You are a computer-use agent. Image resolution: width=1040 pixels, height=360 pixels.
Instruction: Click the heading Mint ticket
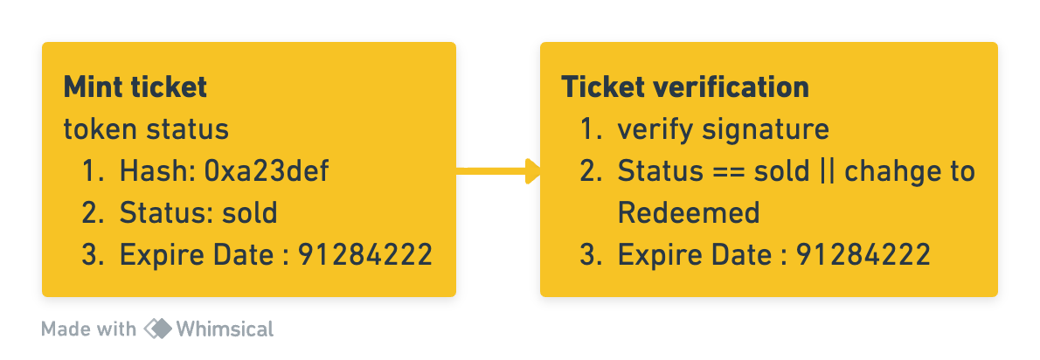pyautogui.click(x=135, y=87)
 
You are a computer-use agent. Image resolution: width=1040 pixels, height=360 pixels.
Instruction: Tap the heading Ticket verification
pyautogui.click(x=684, y=87)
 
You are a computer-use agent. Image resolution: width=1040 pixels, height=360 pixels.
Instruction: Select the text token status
pyautogui.click(x=146, y=129)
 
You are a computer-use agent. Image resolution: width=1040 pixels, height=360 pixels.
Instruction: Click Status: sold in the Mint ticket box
pyautogui.click(x=198, y=212)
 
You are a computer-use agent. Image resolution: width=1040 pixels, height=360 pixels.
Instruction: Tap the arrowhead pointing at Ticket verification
pyautogui.click(x=533, y=170)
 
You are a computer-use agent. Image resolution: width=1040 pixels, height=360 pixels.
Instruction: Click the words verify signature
pyautogui.click(x=723, y=129)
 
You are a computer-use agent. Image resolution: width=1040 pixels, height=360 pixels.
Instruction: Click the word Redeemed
pyautogui.click(x=689, y=212)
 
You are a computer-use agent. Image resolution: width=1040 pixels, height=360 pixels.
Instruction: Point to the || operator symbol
pyautogui.click(x=824, y=171)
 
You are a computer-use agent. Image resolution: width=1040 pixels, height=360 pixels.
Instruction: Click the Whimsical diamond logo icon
pyautogui.click(x=157, y=329)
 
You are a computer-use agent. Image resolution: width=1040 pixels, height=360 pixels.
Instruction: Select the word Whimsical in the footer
pyautogui.click(x=225, y=329)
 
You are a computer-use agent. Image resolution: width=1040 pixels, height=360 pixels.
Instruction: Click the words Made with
pyautogui.click(x=88, y=329)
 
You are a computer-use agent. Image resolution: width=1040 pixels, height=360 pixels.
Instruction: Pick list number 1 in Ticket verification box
pyautogui.click(x=590, y=129)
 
